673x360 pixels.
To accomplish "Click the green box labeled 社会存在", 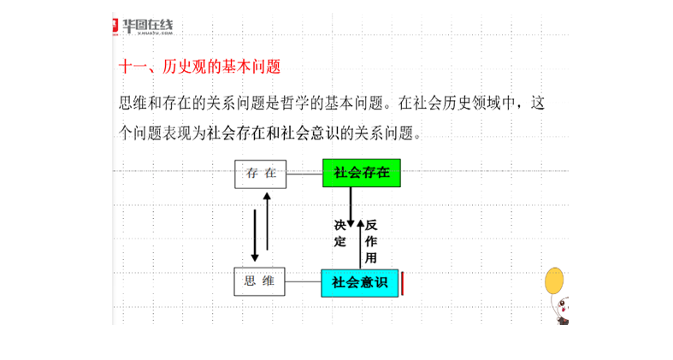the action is pyautogui.click(x=362, y=173).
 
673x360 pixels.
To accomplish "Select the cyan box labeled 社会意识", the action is pyautogui.click(x=360, y=283).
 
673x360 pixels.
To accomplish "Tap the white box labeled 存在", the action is pyautogui.click(x=261, y=174).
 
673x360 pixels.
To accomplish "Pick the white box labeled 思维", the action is pyautogui.click(x=259, y=281).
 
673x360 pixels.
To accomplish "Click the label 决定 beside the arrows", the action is pyautogui.click(x=340, y=233).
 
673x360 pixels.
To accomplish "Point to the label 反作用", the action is pyautogui.click(x=371, y=242).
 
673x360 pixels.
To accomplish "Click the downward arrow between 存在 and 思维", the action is pyautogui.click(x=255, y=235).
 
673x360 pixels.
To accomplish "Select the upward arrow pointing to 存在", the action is pyautogui.click(x=267, y=221).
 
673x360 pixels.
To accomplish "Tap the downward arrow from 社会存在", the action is pyautogui.click(x=351, y=207).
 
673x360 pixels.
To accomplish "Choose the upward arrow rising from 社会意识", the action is pyautogui.click(x=361, y=245).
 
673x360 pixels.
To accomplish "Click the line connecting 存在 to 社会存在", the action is pyautogui.click(x=304, y=174).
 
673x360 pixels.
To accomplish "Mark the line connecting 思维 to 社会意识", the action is pyautogui.click(x=303, y=281).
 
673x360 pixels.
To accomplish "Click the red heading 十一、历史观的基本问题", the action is pyautogui.click(x=199, y=67).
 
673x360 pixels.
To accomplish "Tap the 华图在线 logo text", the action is pyautogui.click(x=148, y=26).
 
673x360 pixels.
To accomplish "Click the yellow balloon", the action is pyautogui.click(x=554, y=281).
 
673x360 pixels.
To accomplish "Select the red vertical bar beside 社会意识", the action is pyautogui.click(x=403, y=284).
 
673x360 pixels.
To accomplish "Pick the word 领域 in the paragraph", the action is pyautogui.click(x=487, y=103).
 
